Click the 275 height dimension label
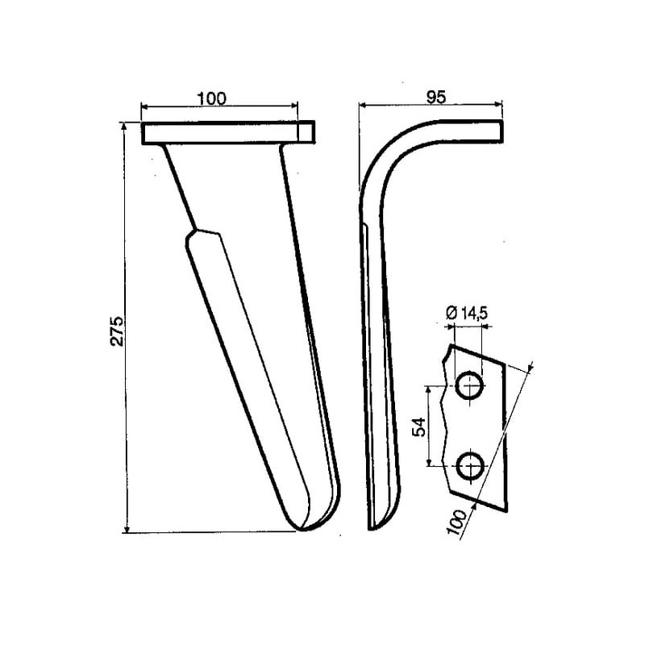[116, 331]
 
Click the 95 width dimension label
[435, 98]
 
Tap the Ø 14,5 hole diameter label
[467, 314]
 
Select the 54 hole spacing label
[418, 427]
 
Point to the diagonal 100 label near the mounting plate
[457, 522]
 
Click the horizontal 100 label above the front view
[212, 98]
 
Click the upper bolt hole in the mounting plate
[470, 385]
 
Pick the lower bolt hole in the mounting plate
[470, 466]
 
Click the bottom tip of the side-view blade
[372, 528]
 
